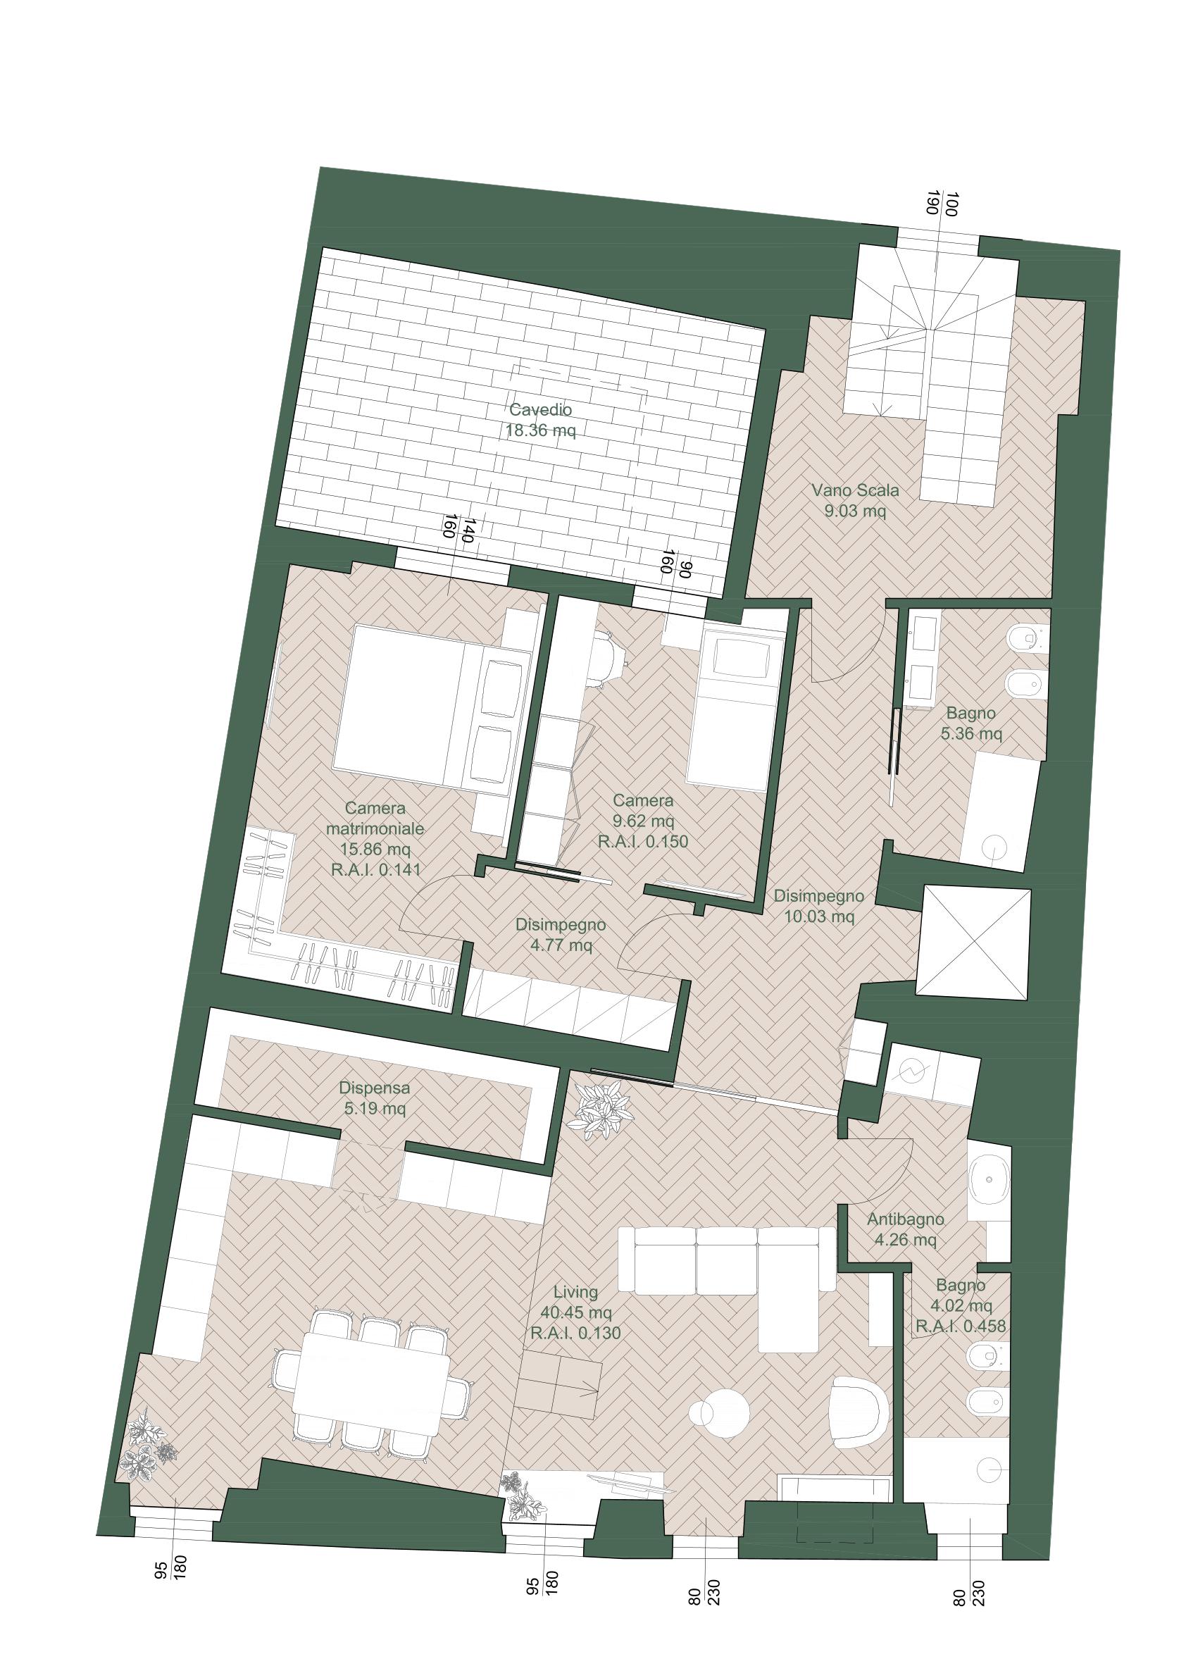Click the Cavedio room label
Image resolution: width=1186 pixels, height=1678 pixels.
point(541,409)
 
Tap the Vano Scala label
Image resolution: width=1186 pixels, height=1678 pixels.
point(855,490)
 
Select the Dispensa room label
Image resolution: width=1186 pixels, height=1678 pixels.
point(374,1088)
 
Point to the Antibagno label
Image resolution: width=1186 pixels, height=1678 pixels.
point(906,1219)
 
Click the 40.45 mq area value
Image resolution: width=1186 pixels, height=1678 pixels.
point(576,1312)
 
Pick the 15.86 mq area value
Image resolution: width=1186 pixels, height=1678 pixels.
point(375,850)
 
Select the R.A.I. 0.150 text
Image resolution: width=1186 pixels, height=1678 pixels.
point(643,841)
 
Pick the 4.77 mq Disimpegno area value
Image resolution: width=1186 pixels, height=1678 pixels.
point(561,945)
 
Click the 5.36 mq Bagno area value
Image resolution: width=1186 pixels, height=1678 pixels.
point(971,733)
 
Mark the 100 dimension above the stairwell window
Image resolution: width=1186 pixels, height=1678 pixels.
point(951,204)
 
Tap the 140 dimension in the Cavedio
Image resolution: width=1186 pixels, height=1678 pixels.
point(468,530)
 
